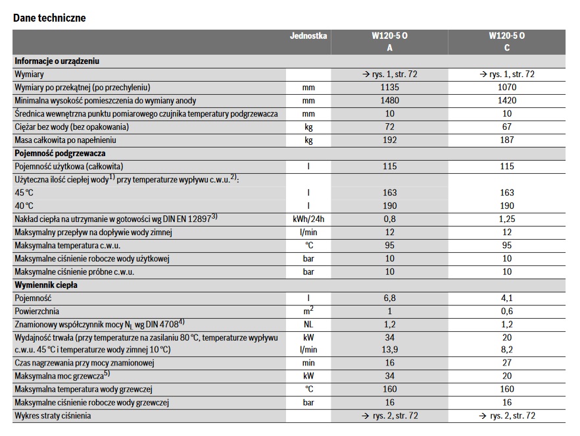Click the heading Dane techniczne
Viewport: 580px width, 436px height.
pos(49,18)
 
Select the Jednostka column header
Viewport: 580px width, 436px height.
pos(308,36)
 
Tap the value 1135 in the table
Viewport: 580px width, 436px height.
pos(389,88)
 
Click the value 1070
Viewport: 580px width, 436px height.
pos(507,88)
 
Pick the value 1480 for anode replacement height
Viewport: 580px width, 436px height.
pos(389,101)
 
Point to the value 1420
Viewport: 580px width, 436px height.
pos(507,101)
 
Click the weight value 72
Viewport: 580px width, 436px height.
pos(389,127)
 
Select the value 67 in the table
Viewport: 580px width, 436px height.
pos(507,127)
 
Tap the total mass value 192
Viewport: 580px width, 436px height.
pos(389,140)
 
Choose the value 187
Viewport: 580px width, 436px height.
pos(507,140)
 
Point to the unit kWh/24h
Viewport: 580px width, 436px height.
pos(308,219)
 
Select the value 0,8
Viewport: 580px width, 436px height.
pos(389,219)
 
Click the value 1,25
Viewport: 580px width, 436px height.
pos(507,219)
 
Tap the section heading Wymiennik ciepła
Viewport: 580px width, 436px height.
pos(46,285)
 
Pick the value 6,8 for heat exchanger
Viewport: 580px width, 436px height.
pos(389,298)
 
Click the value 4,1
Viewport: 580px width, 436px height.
pos(507,298)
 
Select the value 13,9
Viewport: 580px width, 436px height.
pos(389,350)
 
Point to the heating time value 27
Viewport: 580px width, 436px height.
pos(507,363)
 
